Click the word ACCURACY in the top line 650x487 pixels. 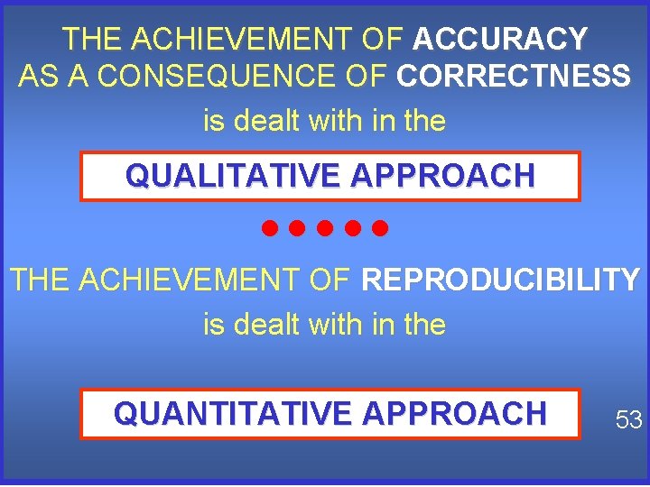pos(499,39)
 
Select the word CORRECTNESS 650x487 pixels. pos(513,77)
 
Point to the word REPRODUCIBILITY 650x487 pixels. pos(500,280)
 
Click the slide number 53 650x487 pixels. pos(628,418)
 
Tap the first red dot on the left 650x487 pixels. pos(270,227)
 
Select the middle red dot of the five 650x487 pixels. pos(325,227)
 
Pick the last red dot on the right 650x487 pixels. pos(379,227)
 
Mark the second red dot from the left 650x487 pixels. pos(297,227)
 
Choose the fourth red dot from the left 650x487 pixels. pos(352,227)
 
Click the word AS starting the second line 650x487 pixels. pos(36,77)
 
